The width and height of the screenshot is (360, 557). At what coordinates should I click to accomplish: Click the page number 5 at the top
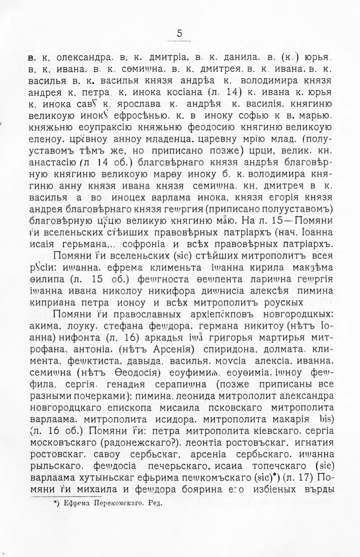coord(180,34)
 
